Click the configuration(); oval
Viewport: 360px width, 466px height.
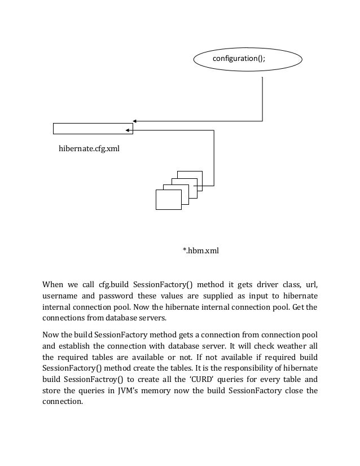click(x=248, y=59)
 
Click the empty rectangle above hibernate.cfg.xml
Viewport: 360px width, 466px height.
click(x=93, y=129)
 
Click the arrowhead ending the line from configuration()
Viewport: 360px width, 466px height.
click(x=135, y=121)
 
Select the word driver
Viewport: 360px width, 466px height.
click(x=266, y=283)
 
